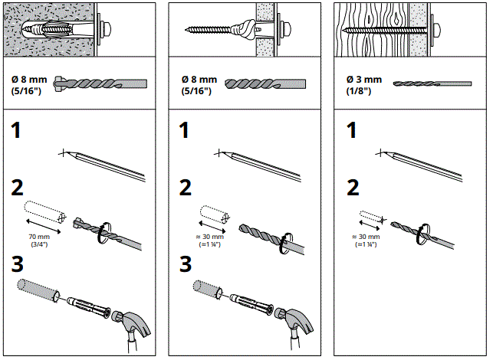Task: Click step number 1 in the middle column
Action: click(x=184, y=131)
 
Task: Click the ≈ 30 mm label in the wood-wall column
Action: click(x=364, y=241)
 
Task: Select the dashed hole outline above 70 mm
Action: click(x=42, y=212)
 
